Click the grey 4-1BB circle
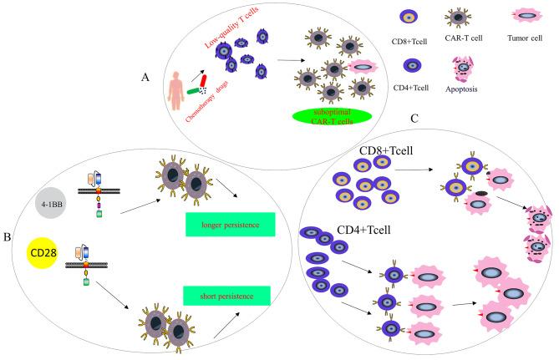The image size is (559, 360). [x=53, y=204]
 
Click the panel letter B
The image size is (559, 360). [x=9, y=236]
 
